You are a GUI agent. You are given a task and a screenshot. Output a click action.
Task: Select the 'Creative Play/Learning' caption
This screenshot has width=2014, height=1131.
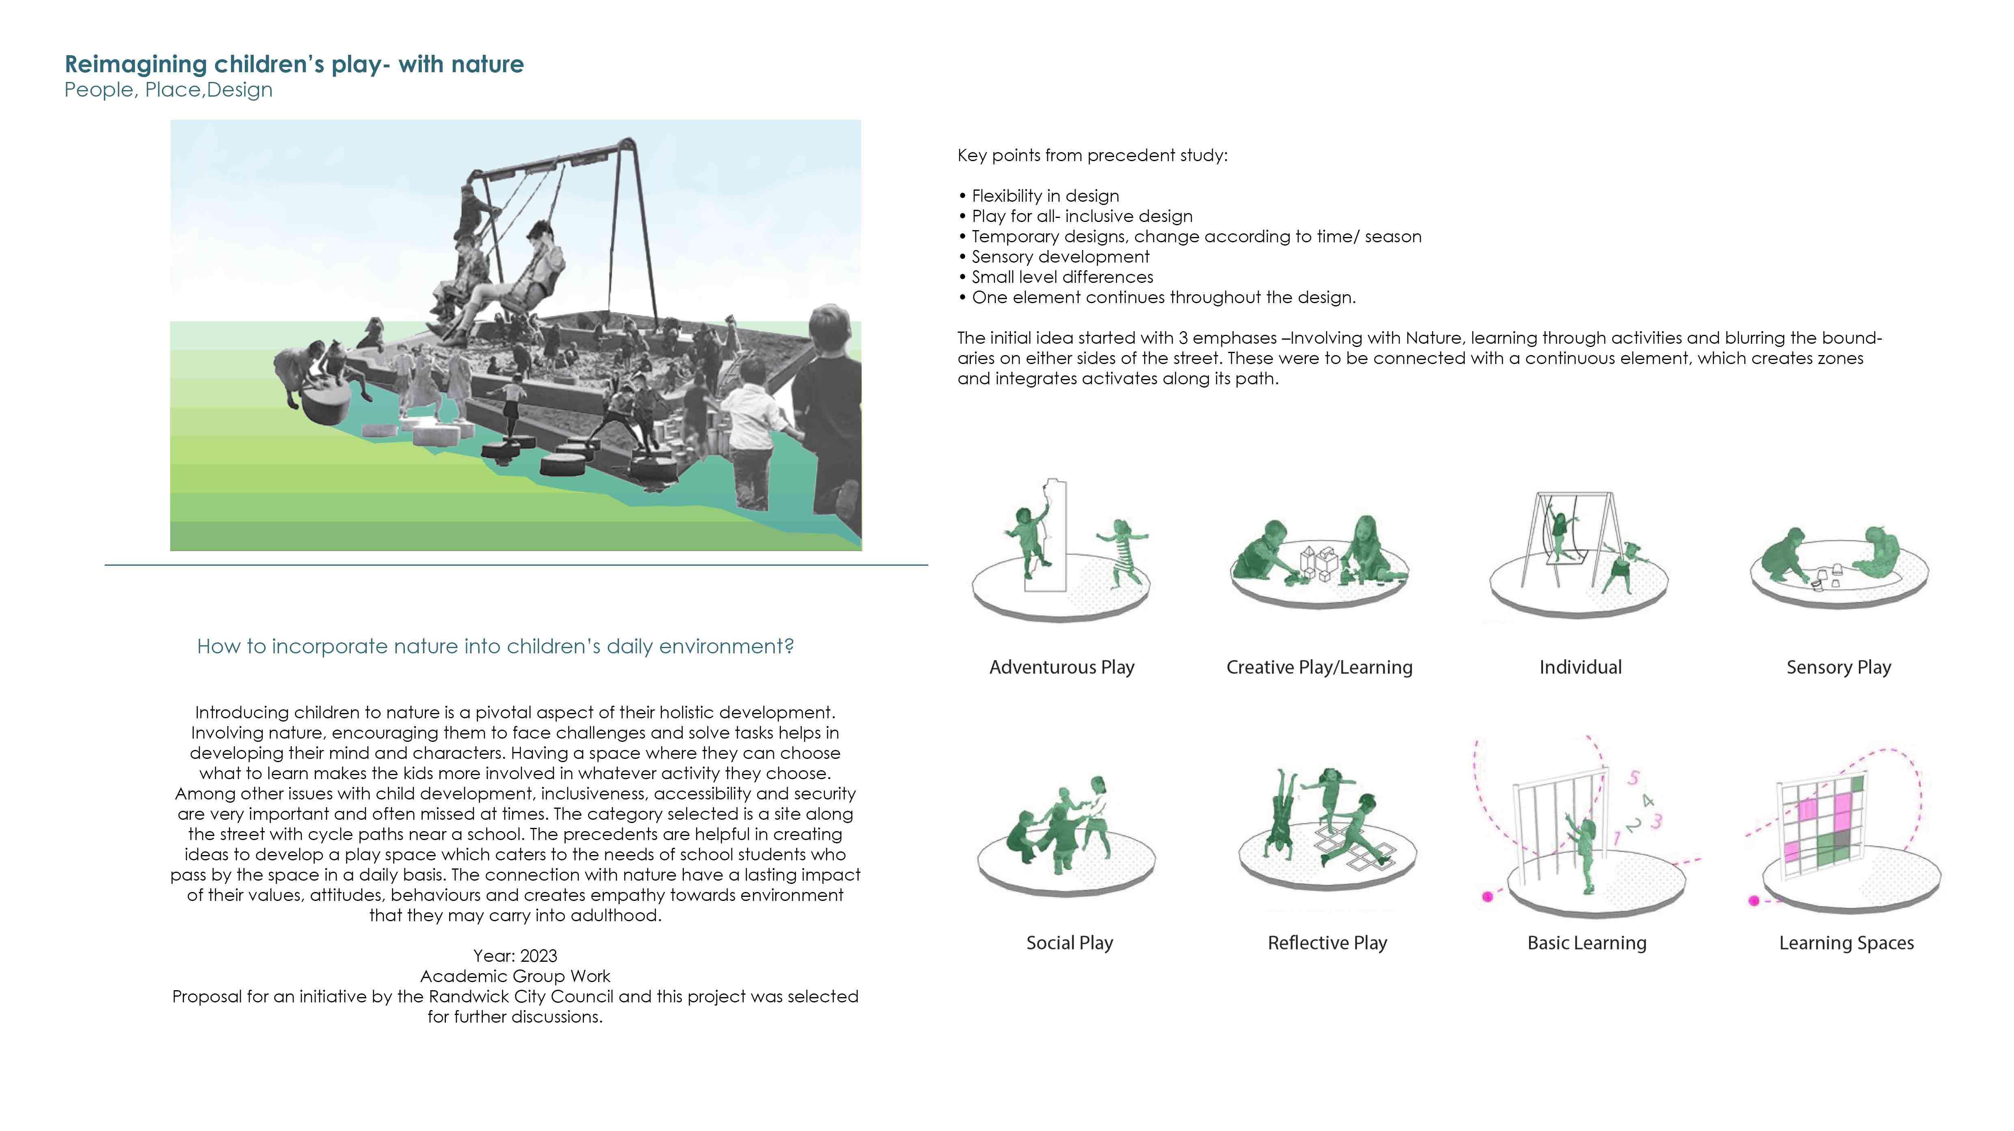point(1319,668)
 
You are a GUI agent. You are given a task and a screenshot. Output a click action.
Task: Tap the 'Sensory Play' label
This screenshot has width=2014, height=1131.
point(1838,668)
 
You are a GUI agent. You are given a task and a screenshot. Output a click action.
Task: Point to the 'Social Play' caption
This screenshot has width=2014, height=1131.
point(1069,944)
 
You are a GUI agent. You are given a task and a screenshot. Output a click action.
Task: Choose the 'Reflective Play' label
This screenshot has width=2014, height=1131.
point(1327,944)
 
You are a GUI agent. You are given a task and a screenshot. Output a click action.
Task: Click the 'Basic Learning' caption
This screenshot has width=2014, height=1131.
point(1586,944)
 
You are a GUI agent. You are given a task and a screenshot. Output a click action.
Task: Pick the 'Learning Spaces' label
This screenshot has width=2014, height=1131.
point(1846,944)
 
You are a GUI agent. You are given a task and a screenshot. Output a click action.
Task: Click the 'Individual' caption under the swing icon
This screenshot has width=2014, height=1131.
point(1580,668)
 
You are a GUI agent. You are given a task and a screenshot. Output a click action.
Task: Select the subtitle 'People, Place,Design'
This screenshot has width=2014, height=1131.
point(168,90)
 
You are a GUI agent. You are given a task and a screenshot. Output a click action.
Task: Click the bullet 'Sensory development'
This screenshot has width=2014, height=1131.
point(1059,257)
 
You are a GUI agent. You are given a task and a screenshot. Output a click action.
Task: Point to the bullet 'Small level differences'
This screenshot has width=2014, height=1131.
point(1062,278)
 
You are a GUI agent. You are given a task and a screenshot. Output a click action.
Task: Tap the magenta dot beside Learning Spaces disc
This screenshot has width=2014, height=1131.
point(1754,901)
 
